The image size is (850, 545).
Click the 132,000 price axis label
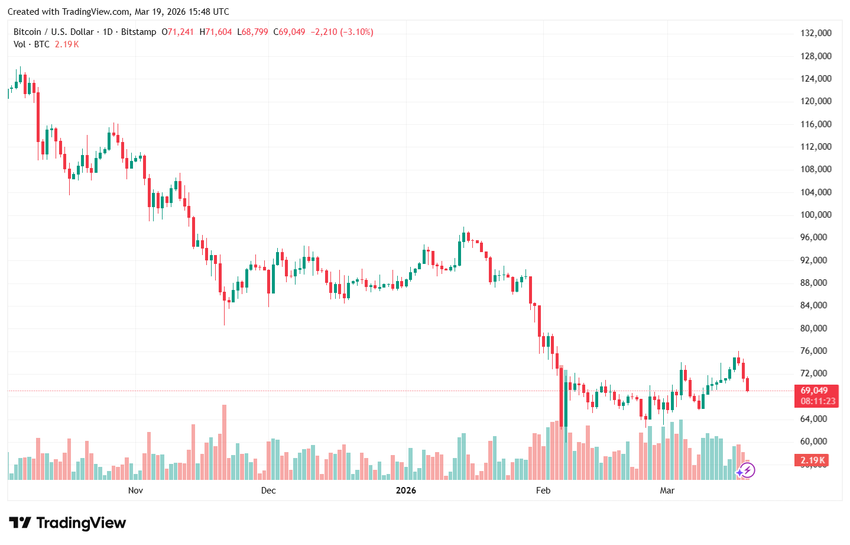(x=816, y=33)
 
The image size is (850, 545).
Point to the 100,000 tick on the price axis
(x=816, y=215)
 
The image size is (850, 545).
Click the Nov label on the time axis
(x=135, y=491)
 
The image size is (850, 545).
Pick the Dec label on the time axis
(x=268, y=491)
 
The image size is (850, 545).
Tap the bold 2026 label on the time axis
(x=406, y=491)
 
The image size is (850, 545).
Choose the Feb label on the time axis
(x=543, y=491)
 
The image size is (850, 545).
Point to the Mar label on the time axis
(x=667, y=491)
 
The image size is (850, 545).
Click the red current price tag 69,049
(x=815, y=391)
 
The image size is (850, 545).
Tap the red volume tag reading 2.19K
(x=812, y=460)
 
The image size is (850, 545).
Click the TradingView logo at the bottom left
(x=67, y=523)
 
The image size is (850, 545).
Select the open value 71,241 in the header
(x=181, y=32)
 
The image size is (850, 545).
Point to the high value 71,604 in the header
(x=219, y=32)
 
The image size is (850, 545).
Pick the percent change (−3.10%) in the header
(x=357, y=32)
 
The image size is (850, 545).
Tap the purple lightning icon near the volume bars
(x=747, y=471)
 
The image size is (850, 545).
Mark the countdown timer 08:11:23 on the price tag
(x=818, y=401)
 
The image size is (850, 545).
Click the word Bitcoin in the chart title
(x=27, y=32)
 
